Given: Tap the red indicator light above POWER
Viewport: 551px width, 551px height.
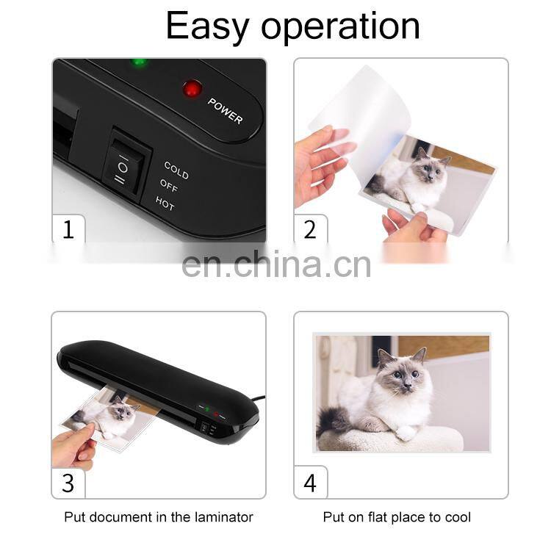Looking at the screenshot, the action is tap(192, 89).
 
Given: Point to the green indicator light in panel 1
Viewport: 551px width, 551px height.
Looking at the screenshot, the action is tap(139, 63).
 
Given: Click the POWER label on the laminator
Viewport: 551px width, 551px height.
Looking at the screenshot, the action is tap(225, 111).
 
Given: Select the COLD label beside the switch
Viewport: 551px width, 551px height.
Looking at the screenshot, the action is tap(176, 170).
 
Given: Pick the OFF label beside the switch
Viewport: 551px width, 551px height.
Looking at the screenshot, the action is tap(169, 185).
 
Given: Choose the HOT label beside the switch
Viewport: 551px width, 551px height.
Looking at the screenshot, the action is tap(165, 203).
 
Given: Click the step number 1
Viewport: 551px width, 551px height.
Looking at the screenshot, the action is tap(68, 229).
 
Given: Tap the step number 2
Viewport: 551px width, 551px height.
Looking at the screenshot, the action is tap(310, 229).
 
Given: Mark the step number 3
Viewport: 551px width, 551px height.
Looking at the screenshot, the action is tap(68, 483).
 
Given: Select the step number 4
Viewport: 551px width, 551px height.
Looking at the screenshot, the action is tap(310, 483).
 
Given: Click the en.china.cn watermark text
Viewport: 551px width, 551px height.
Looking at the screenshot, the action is tap(276, 265).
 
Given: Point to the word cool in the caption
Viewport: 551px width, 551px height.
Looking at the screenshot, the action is tap(458, 517).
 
